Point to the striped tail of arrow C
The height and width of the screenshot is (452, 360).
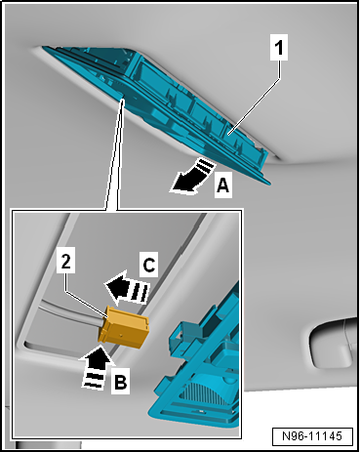click(140, 289)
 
